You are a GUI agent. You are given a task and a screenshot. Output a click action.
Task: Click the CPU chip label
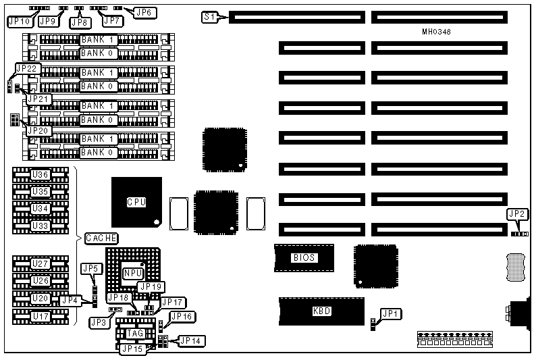pos(136,201)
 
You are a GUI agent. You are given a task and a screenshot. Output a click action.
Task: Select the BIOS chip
pos(303,257)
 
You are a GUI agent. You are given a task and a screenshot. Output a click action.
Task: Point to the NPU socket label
pos(132,272)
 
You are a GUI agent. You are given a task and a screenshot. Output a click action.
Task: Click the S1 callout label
pos(210,16)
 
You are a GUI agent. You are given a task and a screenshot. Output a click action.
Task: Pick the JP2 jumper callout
pos(516,214)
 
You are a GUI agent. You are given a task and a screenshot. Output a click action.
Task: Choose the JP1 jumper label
pos(390,313)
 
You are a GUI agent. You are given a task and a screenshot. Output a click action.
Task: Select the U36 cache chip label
pos(41,175)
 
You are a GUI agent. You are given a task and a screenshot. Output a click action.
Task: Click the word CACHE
pos(101,238)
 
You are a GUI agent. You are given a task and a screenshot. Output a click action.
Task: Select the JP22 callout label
pos(27,68)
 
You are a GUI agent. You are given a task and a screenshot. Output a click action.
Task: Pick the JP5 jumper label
pos(90,268)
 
